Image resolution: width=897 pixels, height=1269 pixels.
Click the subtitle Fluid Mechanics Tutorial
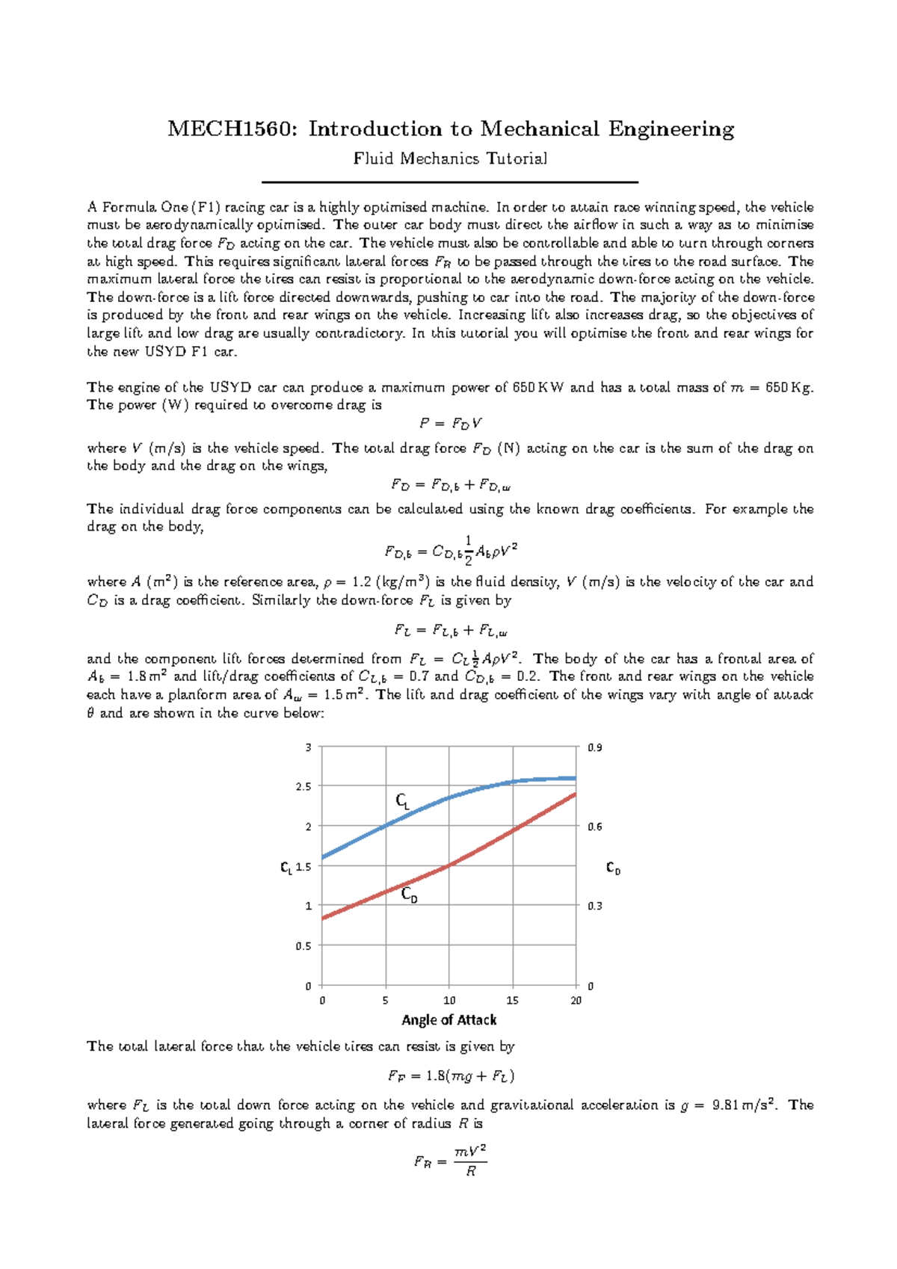(x=450, y=158)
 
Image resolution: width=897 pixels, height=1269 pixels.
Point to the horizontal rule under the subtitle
(x=450, y=182)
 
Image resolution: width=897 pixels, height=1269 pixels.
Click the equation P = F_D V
(x=450, y=424)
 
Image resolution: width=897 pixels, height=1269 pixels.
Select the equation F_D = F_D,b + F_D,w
(x=450, y=485)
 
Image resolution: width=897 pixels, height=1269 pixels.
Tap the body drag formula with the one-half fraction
(x=451, y=552)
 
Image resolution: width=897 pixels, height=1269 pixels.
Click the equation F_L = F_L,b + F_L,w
(x=451, y=631)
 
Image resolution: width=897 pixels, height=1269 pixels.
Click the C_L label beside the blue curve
(x=402, y=802)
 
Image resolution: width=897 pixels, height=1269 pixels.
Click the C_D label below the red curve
(x=409, y=895)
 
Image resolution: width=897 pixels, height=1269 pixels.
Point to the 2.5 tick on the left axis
(x=303, y=787)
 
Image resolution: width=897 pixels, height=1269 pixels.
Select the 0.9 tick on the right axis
(x=594, y=747)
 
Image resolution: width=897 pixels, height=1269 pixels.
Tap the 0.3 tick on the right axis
(x=594, y=906)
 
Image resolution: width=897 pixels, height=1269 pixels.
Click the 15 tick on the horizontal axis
(x=512, y=1001)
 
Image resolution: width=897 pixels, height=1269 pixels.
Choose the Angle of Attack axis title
(x=449, y=1020)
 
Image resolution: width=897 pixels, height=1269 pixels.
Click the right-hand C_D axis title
(x=613, y=868)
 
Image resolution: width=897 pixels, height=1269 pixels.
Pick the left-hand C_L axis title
(x=286, y=868)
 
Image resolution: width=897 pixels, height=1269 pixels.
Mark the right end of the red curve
(x=575, y=794)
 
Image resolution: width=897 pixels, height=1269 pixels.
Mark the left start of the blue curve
(x=323, y=857)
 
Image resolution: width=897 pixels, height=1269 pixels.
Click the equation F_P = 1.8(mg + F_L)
(x=451, y=1076)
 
